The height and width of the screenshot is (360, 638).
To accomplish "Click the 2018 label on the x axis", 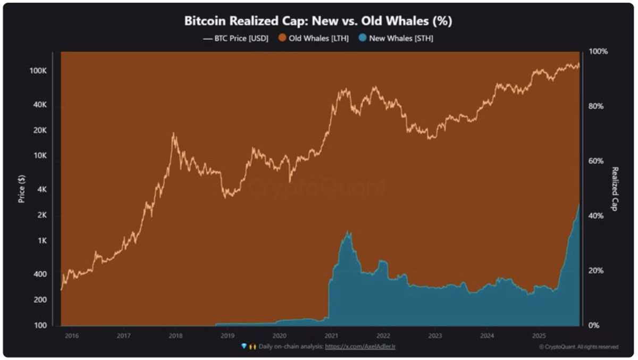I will coord(175,336).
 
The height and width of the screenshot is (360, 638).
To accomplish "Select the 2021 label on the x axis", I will coord(331,336).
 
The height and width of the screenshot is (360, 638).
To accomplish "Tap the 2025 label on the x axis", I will coord(538,336).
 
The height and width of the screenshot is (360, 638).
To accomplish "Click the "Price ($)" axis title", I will coord(22,190).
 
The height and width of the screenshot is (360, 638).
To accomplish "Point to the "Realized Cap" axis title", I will coord(615,189).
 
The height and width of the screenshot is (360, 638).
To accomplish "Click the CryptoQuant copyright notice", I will coord(578,347).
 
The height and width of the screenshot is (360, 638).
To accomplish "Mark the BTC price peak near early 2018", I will coord(173,133).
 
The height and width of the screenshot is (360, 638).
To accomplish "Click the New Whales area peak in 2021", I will coord(348,232).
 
